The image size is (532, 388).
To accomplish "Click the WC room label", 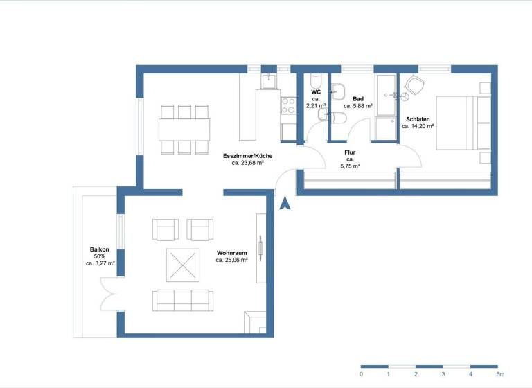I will (316, 91).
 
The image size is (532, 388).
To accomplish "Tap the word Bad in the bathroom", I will (358, 99).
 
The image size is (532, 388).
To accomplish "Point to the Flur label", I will (350, 152).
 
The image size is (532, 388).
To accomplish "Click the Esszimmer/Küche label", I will (247, 156).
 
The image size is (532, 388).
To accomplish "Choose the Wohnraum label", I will (232, 253).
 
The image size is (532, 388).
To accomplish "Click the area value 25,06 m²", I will (232, 261).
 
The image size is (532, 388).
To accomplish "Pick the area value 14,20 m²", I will (418, 126).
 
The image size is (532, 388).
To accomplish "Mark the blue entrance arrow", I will (285, 202).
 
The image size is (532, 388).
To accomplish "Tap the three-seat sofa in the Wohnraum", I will (183, 300).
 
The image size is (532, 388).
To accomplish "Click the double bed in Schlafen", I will (462, 123).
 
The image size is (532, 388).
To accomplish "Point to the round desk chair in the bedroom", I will (415, 86).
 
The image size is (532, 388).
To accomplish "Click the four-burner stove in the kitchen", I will (288, 106).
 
